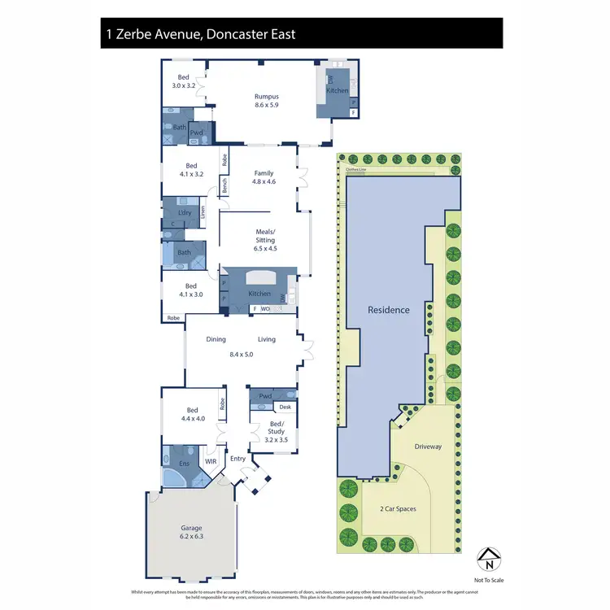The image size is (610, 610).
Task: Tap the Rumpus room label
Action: pos(267,101)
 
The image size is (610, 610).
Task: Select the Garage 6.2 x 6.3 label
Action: pos(193,532)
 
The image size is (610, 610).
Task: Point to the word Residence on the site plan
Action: pos(388,310)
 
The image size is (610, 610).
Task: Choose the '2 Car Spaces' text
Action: pos(399,508)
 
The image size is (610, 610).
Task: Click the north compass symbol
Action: pos(488,560)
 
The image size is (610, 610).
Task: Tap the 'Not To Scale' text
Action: pos(488,580)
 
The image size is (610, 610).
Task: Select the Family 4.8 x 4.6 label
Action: pos(264,177)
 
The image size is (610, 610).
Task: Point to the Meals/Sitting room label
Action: pos(265,240)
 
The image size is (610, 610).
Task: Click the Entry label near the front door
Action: pos(237,459)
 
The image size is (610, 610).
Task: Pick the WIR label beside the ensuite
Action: pos(211,461)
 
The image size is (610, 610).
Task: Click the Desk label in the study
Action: pos(285,407)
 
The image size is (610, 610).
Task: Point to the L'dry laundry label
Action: pos(184,212)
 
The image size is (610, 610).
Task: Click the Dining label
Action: pos(216,339)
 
